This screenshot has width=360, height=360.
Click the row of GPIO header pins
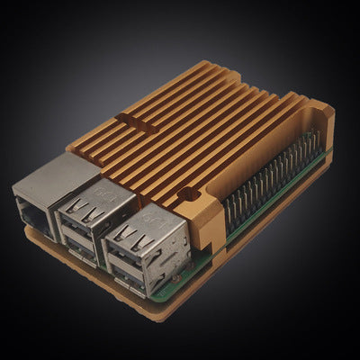coord(270,180)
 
